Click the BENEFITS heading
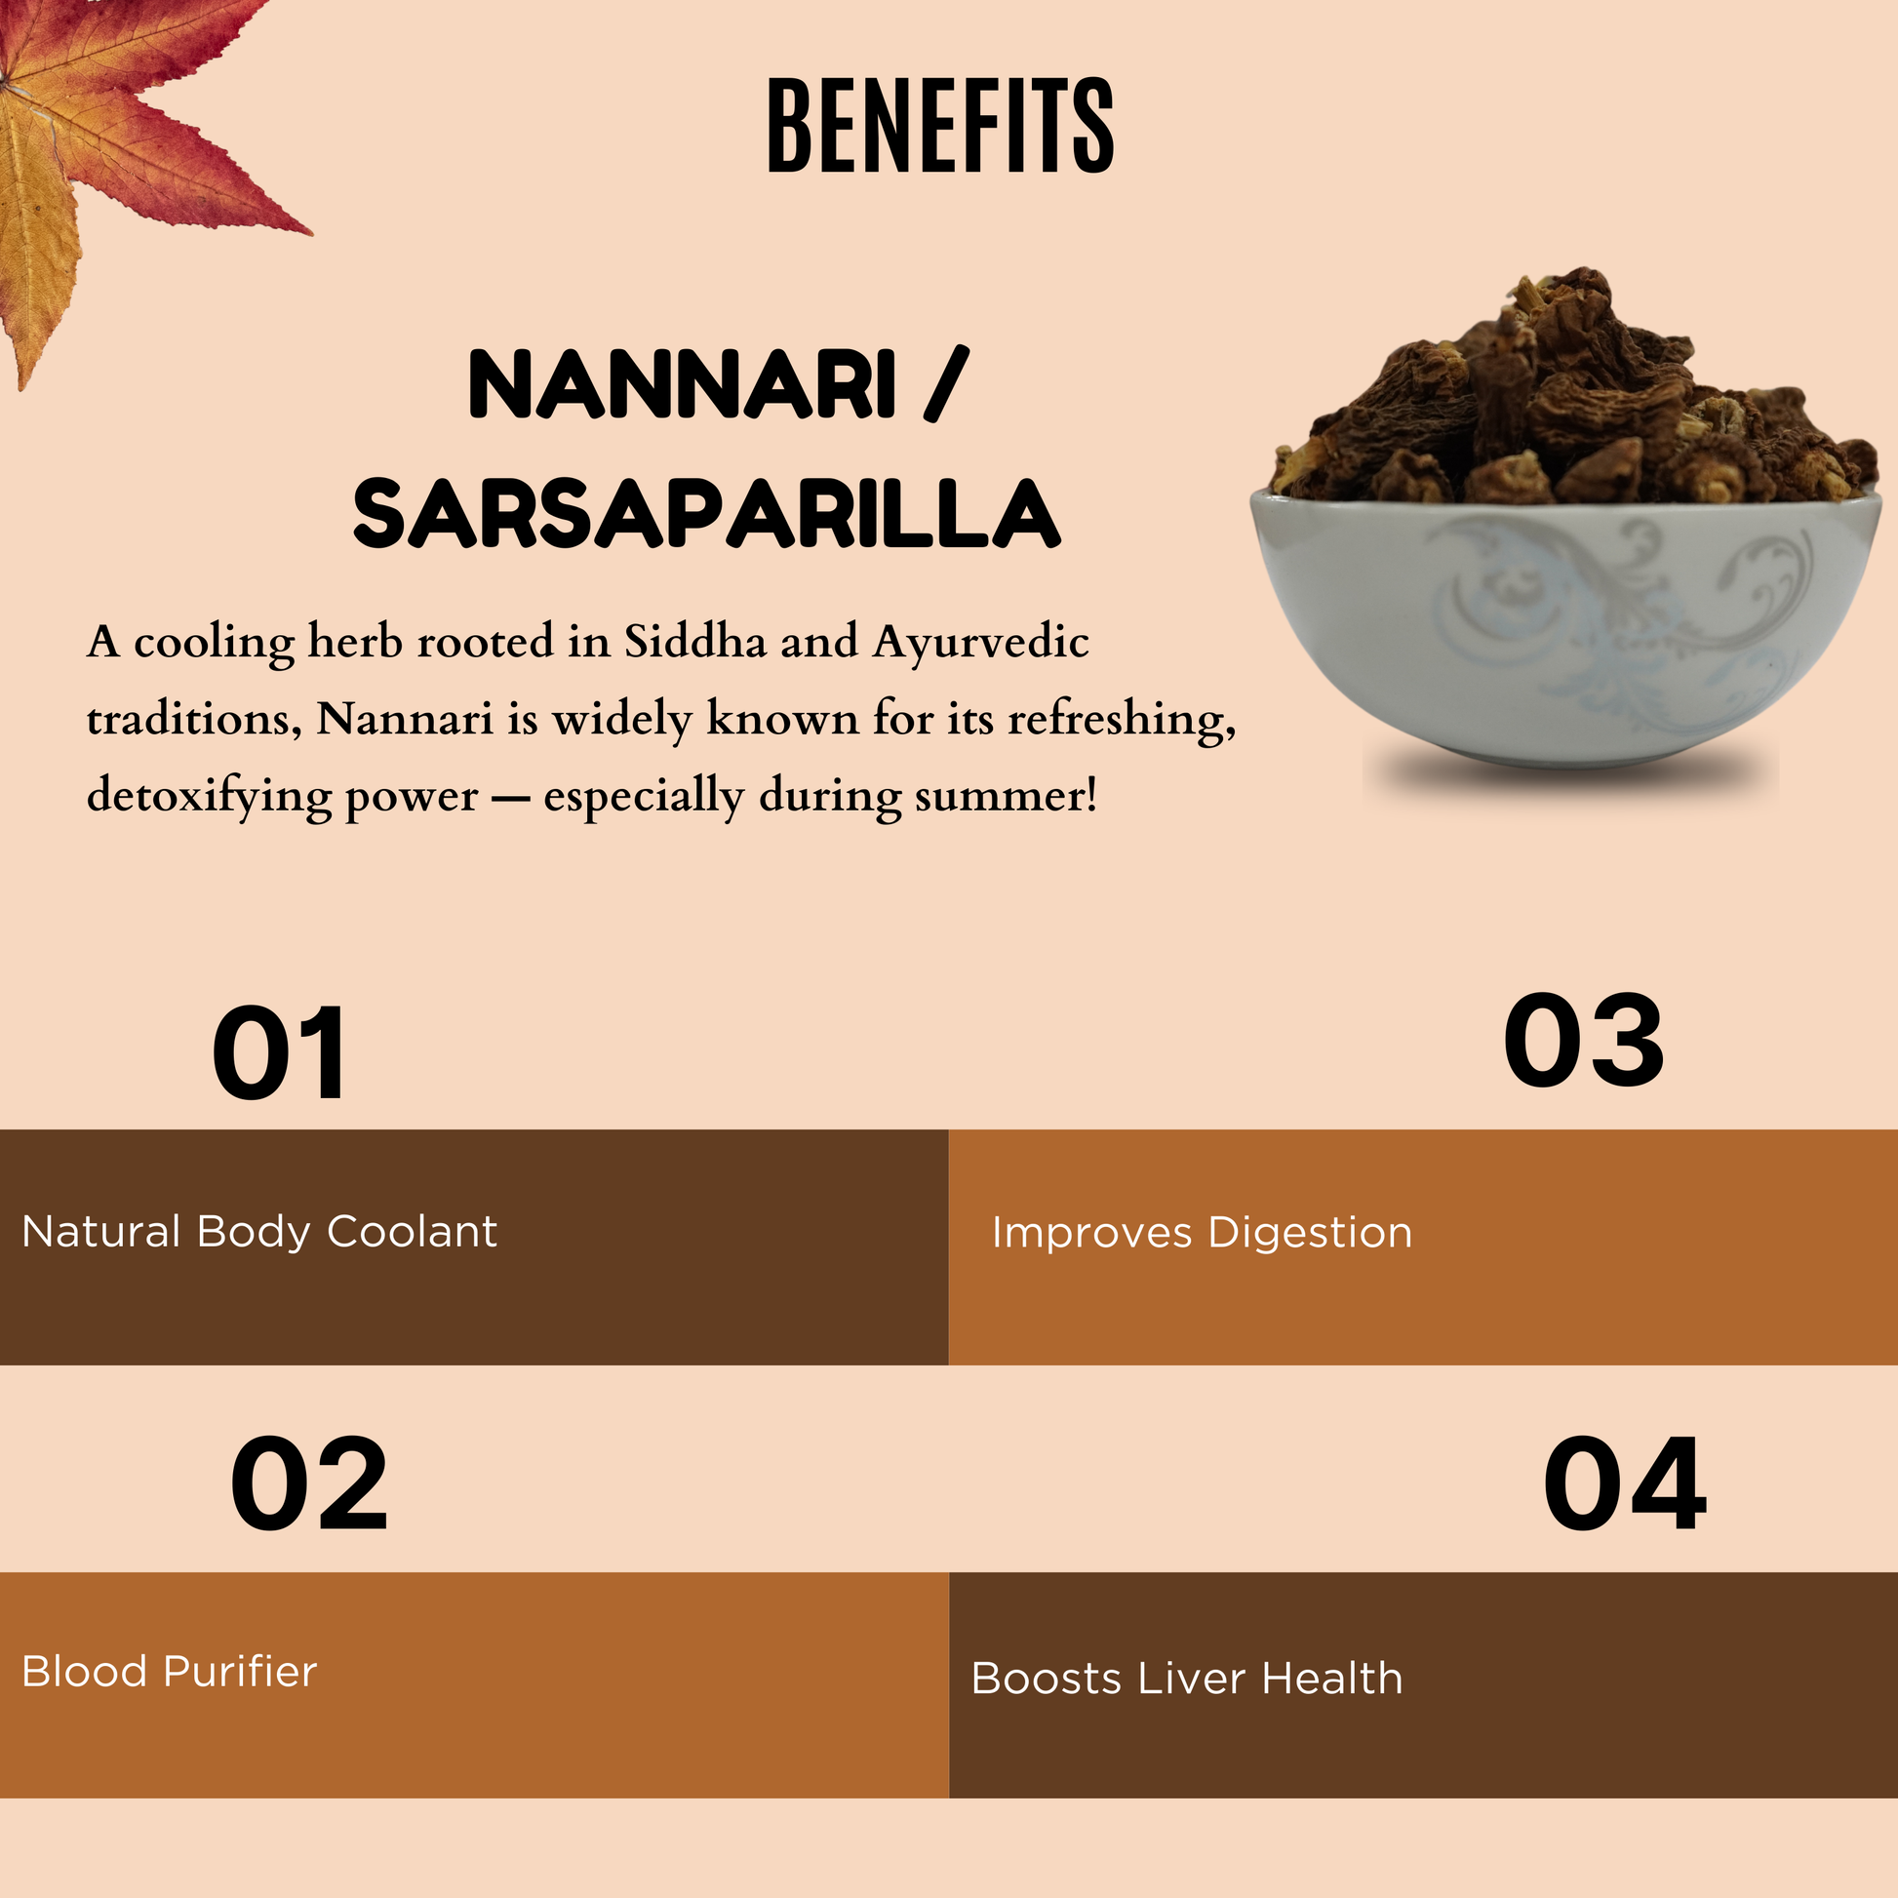click(940, 127)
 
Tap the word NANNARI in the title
click(682, 384)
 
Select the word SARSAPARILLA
click(706, 514)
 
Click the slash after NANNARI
click(947, 384)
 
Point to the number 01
click(280, 1053)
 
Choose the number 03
click(1584, 1042)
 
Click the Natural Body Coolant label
click(259, 1232)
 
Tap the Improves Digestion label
click(1202, 1233)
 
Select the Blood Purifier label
click(169, 1671)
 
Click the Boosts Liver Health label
click(1187, 1678)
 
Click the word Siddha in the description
click(695, 643)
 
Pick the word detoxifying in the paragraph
click(213, 797)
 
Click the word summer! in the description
click(1005, 797)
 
